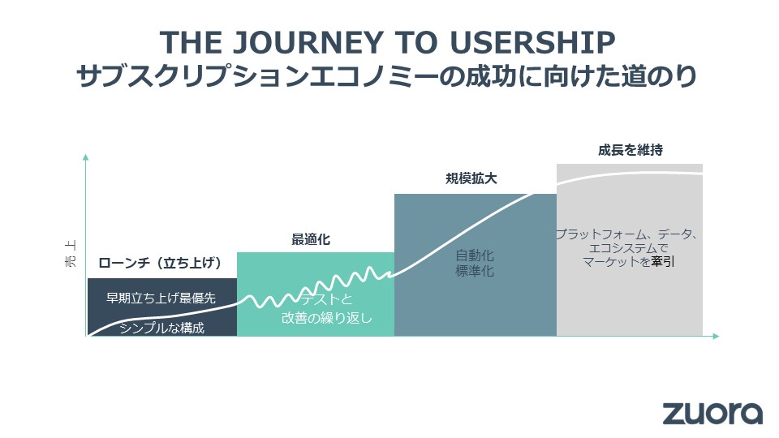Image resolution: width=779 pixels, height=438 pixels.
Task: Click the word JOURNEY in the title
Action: (308, 43)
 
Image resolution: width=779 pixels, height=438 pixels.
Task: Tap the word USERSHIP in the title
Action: (532, 43)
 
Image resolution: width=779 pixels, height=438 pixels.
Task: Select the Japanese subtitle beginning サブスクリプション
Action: (386, 77)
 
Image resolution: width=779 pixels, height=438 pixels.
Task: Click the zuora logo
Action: (712, 413)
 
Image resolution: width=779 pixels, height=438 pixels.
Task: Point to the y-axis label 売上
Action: (71, 254)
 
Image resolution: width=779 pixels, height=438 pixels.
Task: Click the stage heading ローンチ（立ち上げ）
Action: (160, 262)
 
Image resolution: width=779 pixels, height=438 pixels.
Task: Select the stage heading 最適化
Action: (311, 239)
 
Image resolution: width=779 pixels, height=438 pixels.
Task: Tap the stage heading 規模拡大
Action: (471, 178)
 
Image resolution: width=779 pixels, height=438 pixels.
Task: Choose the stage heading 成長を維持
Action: (630, 149)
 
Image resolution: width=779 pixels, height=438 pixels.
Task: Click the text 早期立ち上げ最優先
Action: (161, 298)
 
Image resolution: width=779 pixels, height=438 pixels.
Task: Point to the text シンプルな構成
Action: (162, 328)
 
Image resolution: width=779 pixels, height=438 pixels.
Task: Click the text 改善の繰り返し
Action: (327, 318)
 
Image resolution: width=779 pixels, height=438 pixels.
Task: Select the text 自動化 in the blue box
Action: (475, 255)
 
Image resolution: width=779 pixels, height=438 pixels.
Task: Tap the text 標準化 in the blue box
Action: (475, 271)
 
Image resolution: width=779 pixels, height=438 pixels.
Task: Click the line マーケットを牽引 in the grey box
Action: (628, 261)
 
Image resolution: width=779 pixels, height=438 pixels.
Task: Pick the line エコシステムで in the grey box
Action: (628, 248)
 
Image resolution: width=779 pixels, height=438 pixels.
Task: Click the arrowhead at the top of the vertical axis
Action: (85, 157)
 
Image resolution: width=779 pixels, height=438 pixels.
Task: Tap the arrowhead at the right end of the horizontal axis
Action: (716, 336)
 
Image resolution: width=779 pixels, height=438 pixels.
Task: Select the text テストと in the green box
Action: (327, 299)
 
